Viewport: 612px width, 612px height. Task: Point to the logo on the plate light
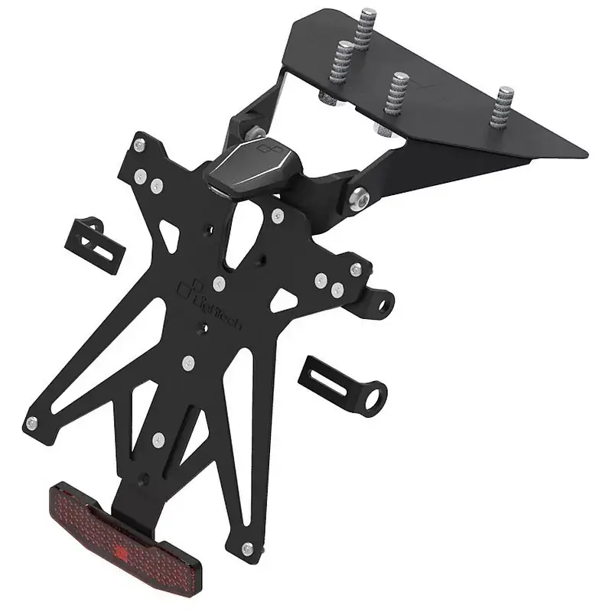[265, 145]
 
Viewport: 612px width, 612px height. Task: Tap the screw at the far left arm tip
[31, 423]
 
